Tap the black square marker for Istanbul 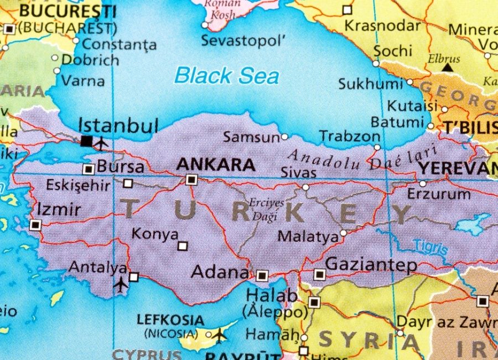[86, 141]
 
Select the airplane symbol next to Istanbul [101, 144]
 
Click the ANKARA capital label [215, 164]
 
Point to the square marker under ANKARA [191, 179]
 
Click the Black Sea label [226, 75]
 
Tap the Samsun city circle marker [284, 136]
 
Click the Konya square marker [183, 246]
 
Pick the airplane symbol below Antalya [120, 285]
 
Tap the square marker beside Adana [262, 275]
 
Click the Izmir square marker [35, 225]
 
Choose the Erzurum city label [439, 194]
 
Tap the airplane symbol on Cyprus [220, 335]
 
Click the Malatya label [308, 236]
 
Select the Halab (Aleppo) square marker [314, 302]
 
